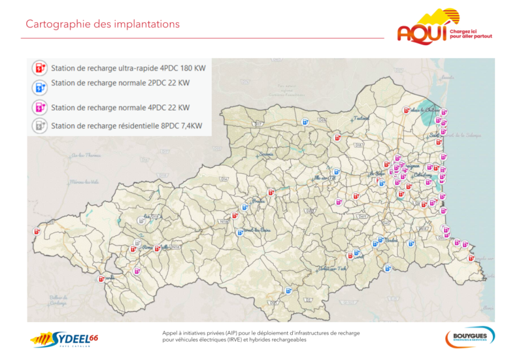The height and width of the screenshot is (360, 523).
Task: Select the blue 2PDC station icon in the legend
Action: coord(39,87)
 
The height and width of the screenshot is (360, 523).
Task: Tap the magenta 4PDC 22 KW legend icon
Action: coord(39,106)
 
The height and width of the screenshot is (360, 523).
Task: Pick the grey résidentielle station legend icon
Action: coord(39,125)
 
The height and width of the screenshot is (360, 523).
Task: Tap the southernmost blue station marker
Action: coord(287,290)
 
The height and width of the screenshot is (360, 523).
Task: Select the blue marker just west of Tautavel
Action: coord(305,122)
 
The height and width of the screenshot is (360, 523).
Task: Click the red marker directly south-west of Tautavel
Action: coord(337,138)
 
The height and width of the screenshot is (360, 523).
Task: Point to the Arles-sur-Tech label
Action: coord(331,269)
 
